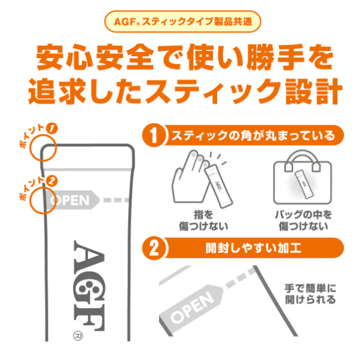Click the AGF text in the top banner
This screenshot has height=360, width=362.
click(125, 22)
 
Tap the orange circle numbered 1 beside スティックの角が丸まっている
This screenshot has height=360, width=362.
click(154, 135)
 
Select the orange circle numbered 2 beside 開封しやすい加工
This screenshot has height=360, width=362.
click(154, 249)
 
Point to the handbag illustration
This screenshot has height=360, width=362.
click(302, 177)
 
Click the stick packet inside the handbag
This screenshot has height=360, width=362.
click(303, 184)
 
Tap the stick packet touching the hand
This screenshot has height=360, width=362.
click(218, 186)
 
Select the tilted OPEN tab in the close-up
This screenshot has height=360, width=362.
click(191, 304)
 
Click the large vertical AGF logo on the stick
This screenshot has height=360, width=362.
click(89, 286)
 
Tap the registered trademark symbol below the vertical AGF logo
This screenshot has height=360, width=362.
click(78, 336)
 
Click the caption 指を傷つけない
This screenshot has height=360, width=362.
click(203, 220)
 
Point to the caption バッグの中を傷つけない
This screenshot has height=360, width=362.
click(303, 220)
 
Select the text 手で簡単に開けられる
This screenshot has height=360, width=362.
click(310, 294)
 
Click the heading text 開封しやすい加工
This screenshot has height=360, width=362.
click(253, 249)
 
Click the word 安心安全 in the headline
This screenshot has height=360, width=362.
click(95, 57)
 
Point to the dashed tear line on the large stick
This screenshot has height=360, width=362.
click(116, 200)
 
